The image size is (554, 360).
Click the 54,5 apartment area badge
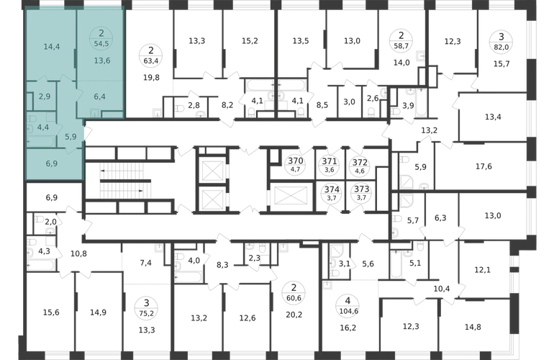(x=101, y=38)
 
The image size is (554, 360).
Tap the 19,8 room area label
(x=151, y=78)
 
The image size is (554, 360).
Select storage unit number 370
(x=296, y=161)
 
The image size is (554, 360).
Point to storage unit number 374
(x=332, y=189)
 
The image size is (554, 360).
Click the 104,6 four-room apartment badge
(x=348, y=305)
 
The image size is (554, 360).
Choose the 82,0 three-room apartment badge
(x=501, y=41)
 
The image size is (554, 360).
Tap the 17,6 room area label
(x=483, y=166)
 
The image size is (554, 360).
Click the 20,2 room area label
(x=294, y=315)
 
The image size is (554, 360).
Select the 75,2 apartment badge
(x=147, y=308)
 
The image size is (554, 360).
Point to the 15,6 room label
(x=51, y=312)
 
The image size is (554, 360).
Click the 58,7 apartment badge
(x=401, y=40)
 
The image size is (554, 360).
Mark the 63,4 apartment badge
(x=151, y=55)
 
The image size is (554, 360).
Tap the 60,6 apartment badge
(x=294, y=293)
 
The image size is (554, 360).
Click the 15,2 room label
(x=250, y=41)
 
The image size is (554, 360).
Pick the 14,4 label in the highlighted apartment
(x=52, y=47)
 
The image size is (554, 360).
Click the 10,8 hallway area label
(x=78, y=253)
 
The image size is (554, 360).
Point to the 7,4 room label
(x=145, y=263)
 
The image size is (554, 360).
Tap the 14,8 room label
(x=473, y=327)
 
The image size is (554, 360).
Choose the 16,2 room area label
(x=348, y=328)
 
